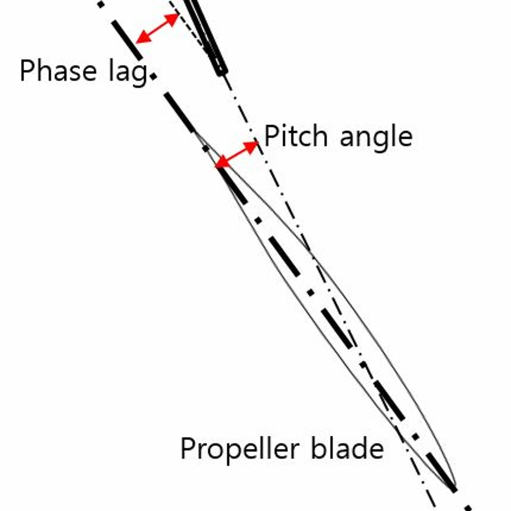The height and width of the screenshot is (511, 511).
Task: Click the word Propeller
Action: coord(239,449)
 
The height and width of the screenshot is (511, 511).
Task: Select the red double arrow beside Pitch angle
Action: coord(237,154)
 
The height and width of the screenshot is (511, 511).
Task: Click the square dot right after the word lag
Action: coord(153,76)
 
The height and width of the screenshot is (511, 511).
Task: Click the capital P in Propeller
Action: coord(188,449)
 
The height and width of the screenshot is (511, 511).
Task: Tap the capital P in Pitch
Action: coord(272,136)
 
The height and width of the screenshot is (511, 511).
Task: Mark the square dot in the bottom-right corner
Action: coord(468,508)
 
